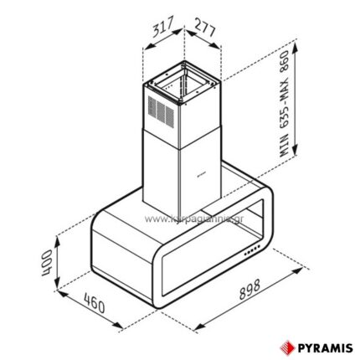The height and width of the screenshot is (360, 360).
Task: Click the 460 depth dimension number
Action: click(x=97, y=308)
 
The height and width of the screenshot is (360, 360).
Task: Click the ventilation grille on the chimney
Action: click(x=161, y=111)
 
